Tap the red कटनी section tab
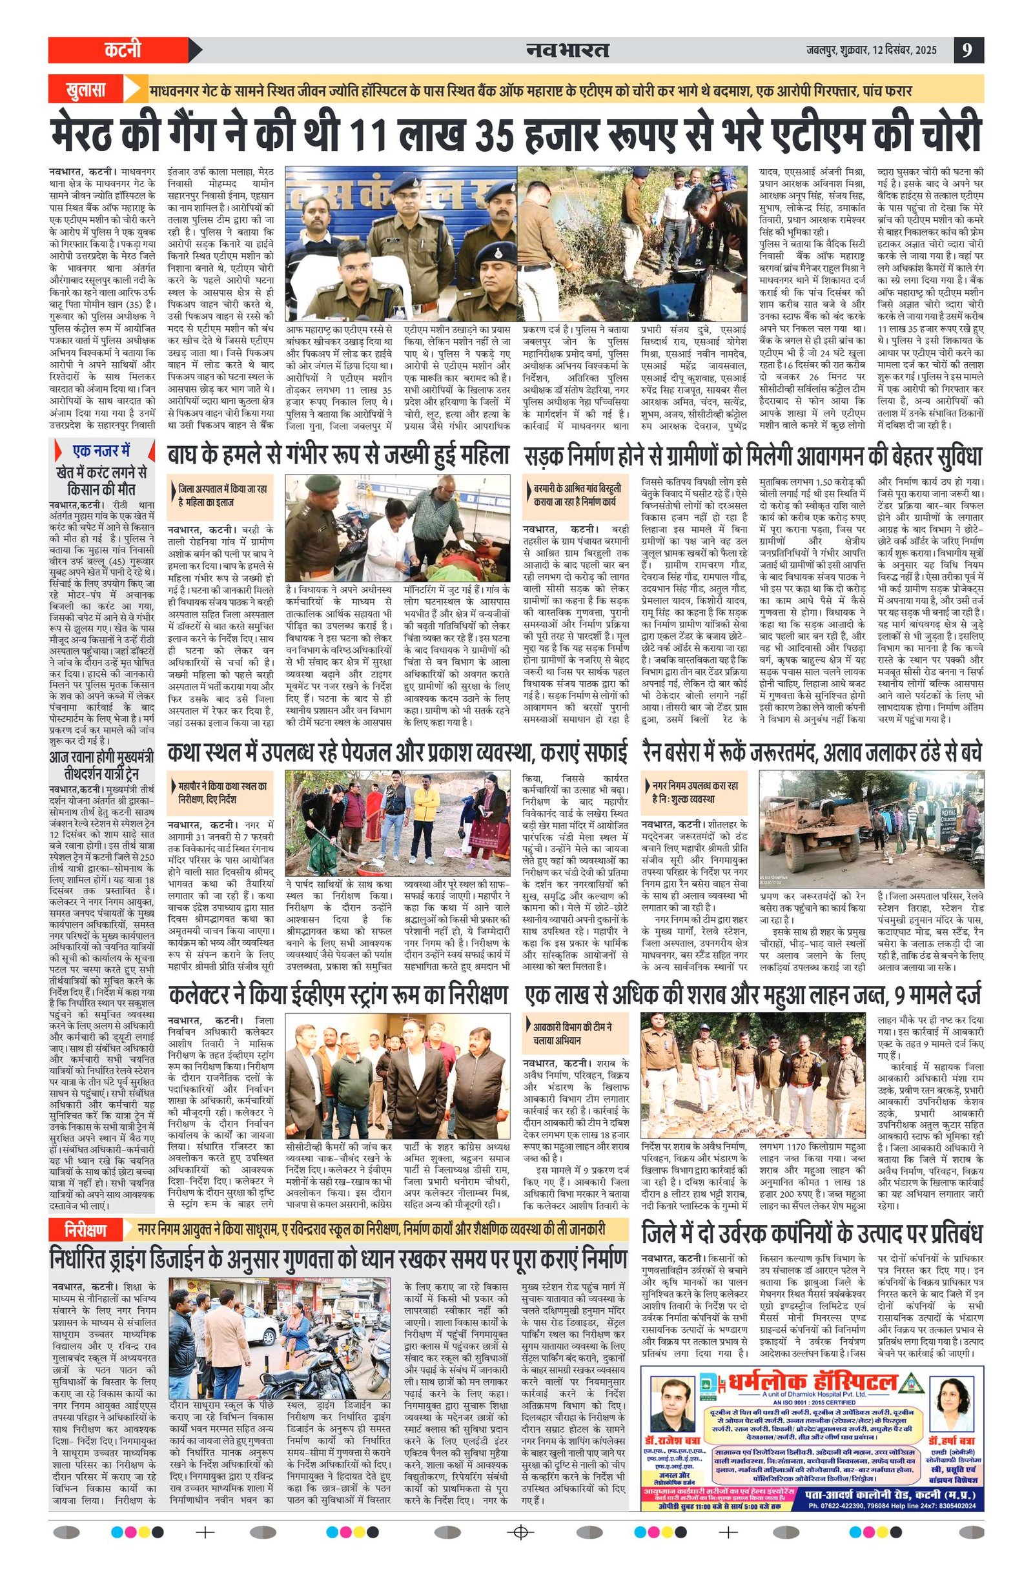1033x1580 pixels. click(x=123, y=50)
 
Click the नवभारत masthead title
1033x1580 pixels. click(x=568, y=50)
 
